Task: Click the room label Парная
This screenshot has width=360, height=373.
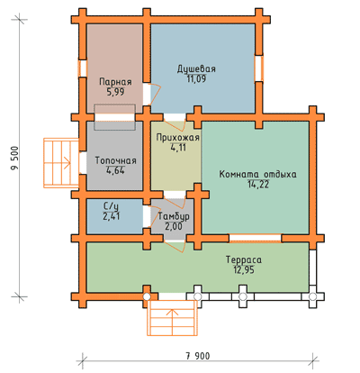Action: coord(115,82)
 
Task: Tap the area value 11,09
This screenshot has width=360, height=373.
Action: coord(196,78)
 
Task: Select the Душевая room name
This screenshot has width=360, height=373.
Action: coord(196,68)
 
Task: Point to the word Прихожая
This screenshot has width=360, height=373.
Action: coord(178,138)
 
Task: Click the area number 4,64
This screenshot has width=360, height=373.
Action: coord(115,170)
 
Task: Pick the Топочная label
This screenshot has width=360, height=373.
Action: coord(115,160)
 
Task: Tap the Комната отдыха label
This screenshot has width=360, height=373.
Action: coord(258,174)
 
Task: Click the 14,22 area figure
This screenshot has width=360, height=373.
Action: coord(258,184)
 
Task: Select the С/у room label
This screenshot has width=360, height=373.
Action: coord(111,206)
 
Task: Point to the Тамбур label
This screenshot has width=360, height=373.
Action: coord(174,216)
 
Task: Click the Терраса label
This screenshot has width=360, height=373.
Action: coord(244,259)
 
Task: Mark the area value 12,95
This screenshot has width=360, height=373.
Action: coord(244,269)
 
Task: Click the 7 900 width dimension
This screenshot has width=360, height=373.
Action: coord(198,356)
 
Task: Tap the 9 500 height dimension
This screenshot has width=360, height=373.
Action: coord(14,158)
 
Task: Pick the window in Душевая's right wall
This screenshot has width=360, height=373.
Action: coord(258,68)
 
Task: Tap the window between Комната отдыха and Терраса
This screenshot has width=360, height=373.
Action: coord(256,238)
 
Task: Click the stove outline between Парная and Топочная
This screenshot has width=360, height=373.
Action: coord(114,117)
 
